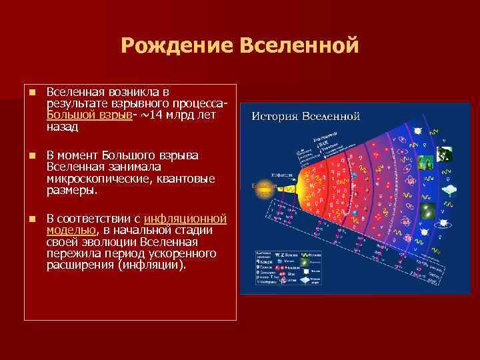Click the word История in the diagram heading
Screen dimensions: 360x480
click(x=275, y=116)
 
